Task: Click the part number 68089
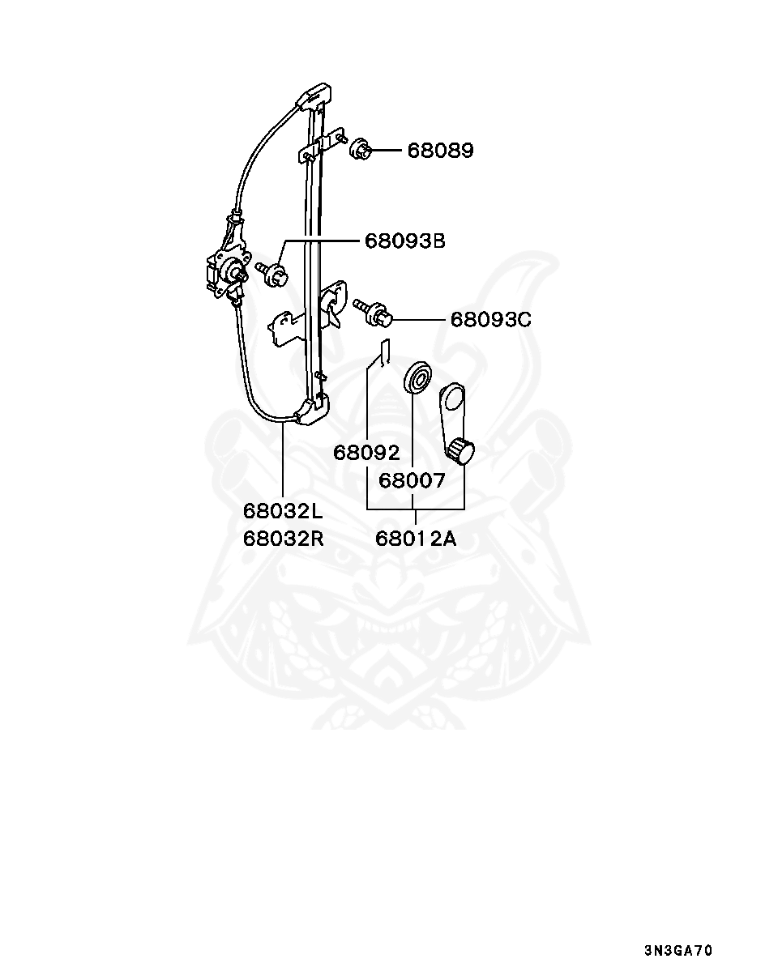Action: pos(440,151)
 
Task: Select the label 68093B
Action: pos(405,241)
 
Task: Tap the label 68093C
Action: pos(491,320)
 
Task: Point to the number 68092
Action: pos(366,453)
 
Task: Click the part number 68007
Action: pos(412,480)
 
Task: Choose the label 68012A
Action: pos(416,538)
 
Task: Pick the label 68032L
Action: pos(283,511)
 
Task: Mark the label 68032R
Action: pos(283,538)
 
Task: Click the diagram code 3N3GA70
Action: pos(678,951)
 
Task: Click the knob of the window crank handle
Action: pos(461,451)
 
